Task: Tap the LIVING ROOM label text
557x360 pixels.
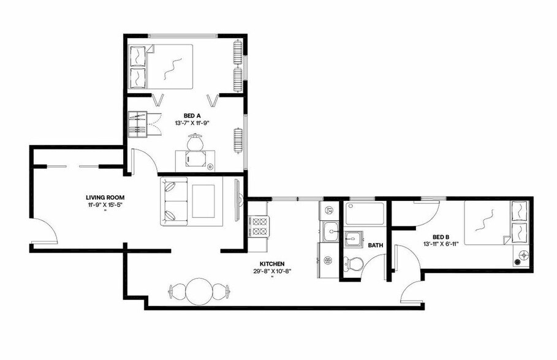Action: tap(105, 198)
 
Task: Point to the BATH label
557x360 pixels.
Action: tap(375, 246)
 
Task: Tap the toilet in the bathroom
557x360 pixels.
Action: tap(354, 264)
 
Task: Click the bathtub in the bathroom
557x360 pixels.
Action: tap(365, 214)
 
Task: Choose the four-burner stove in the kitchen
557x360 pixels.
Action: tap(258, 227)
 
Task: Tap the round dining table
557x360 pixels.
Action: tap(199, 291)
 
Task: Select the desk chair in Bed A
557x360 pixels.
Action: tap(195, 143)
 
